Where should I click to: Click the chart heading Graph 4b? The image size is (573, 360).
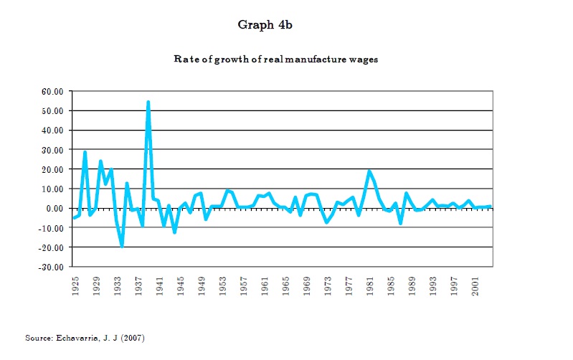(265, 25)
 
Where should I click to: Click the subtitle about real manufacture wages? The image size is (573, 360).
(275, 60)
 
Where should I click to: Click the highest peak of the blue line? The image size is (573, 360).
(148, 103)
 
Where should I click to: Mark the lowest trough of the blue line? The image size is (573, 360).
(122, 245)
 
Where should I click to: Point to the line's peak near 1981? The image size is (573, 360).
(369, 171)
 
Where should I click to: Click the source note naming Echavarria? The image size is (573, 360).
(85, 337)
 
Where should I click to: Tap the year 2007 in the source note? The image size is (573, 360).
(134, 337)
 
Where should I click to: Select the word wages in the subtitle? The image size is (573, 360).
(364, 60)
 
